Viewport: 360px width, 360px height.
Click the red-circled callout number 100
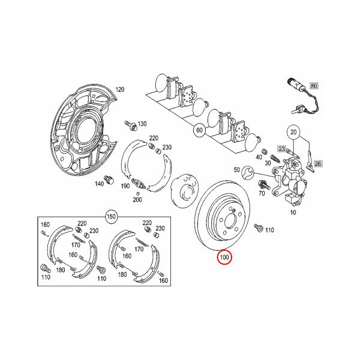224,257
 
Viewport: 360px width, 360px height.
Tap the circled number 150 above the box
111,216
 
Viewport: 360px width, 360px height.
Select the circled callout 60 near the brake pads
199,130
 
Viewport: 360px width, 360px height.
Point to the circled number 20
293,132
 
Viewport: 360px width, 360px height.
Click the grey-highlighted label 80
314,86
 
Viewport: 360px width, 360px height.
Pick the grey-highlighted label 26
318,164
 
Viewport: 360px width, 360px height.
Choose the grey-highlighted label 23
282,149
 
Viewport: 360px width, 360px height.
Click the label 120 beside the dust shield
119,89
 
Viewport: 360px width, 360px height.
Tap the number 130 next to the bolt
142,124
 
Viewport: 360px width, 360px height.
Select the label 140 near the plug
100,184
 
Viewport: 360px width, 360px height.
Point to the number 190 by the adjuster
125,186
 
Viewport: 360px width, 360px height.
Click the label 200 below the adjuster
137,200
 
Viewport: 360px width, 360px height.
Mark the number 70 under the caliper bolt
262,193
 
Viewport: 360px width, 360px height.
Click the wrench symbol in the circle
248,171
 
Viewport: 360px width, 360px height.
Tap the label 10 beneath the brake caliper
293,212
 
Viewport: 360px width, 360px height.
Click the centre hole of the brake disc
230,221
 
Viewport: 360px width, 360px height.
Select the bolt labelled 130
131,125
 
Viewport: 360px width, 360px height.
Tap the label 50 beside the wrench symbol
237,170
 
